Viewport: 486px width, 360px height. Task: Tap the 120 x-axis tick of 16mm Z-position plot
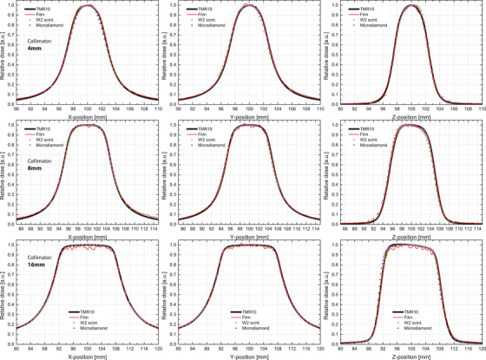click(479, 349)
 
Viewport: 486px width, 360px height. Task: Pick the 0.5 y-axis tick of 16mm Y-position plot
click(172, 293)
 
